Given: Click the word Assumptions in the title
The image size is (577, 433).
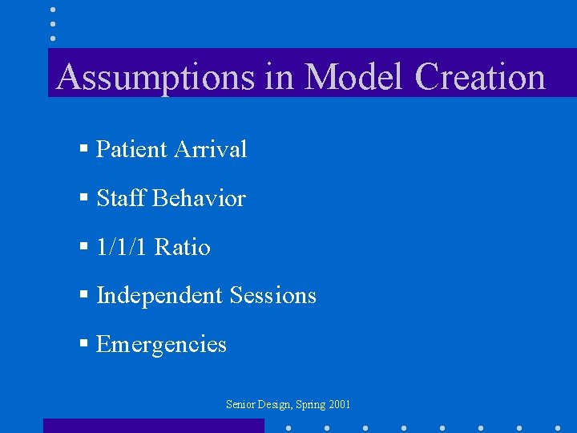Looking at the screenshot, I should point(152,78).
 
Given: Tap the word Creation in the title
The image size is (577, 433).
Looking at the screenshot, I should point(481,78).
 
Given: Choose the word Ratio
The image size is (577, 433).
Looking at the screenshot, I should point(183,247).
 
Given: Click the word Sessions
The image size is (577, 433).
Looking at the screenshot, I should point(272,296).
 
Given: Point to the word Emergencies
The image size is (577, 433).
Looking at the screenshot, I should point(161,345).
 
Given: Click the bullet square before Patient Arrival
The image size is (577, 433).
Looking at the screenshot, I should point(83,149).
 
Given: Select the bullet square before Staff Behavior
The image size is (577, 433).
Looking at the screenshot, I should point(83,198).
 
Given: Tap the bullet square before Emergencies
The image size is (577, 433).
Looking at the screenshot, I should point(83,345).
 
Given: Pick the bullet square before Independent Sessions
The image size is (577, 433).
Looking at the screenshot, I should point(83,296).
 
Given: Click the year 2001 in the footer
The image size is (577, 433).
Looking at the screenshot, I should point(339,405).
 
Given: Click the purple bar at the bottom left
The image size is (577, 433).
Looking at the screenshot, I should point(153,426).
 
